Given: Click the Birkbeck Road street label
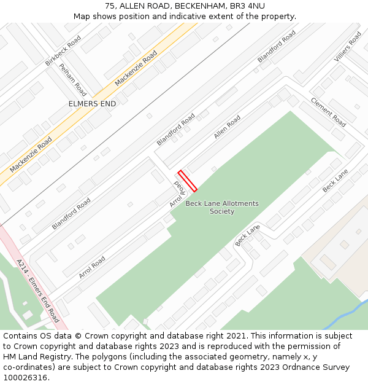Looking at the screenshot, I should pyautogui.click(x=63, y=50).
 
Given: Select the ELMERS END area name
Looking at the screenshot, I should pyautogui.click(x=92, y=104).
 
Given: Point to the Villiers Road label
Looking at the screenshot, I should pyautogui.click(x=348, y=47).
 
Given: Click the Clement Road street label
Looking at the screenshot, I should pyautogui.click(x=328, y=112).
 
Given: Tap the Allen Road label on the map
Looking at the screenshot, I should pyautogui.click(x=227, y=127).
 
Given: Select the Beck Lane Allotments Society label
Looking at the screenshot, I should pyautogui.click(x=222, y=207).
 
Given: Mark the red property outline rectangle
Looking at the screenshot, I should pyautogui.click(x=187, y=181).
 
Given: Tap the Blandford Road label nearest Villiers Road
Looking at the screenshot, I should pyautogui.click(x=276, y=46).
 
